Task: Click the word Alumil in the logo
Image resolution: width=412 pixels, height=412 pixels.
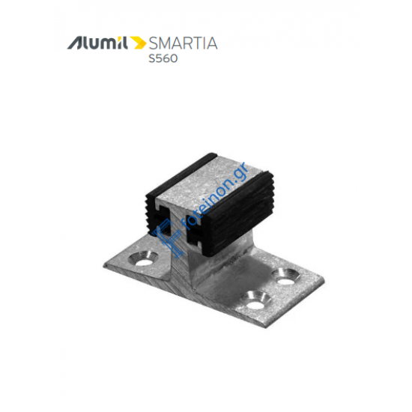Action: coord(97,43)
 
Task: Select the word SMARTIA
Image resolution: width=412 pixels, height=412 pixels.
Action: coord(182,43)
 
